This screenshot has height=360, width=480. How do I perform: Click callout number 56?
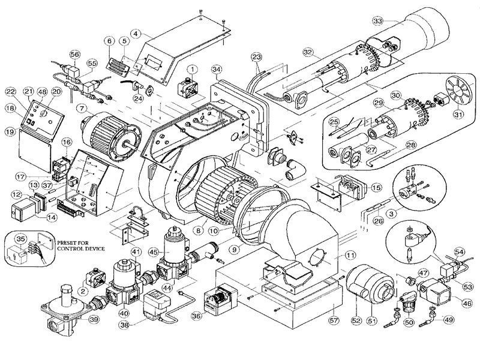pos(74,53)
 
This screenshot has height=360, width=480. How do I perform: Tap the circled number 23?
pos(257,58)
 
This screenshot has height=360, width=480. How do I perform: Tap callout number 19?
pos(11,130)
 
